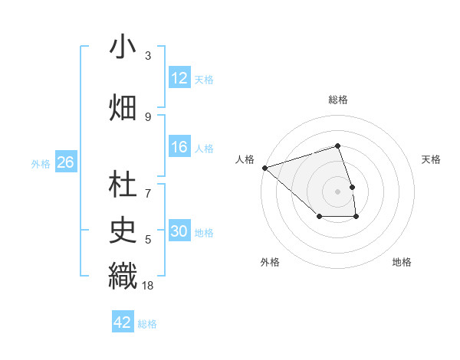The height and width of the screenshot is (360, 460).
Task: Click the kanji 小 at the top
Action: pos(123,47)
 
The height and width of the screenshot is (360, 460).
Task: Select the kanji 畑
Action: pos(123,107)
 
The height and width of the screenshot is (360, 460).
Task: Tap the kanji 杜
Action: pos(123,185)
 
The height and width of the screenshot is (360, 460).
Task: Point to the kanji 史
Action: pos(123,228)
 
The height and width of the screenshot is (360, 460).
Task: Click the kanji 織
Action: pos(123,275)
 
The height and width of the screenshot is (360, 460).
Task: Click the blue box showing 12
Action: pos(179,78)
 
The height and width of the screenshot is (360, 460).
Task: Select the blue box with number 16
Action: pos(179,147)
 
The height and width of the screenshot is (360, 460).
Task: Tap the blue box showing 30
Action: pos(179,232)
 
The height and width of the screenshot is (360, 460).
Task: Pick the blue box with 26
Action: pos(65,163)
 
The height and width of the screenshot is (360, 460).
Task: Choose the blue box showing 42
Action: pos(123,322)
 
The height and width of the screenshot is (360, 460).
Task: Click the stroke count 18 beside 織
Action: pos(148,285)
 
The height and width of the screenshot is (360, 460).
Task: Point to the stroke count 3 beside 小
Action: pos(148,56)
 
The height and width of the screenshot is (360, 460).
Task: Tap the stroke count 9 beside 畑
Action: pos(148,117)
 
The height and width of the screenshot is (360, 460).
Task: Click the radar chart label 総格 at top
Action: pos(338,100)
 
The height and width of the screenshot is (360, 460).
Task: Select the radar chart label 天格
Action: pos(432,159)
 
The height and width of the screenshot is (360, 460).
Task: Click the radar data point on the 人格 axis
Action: pos(264,167)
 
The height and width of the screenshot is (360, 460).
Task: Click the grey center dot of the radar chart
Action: pos(338,191)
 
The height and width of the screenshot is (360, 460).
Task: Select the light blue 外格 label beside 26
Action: pos(41,164)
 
